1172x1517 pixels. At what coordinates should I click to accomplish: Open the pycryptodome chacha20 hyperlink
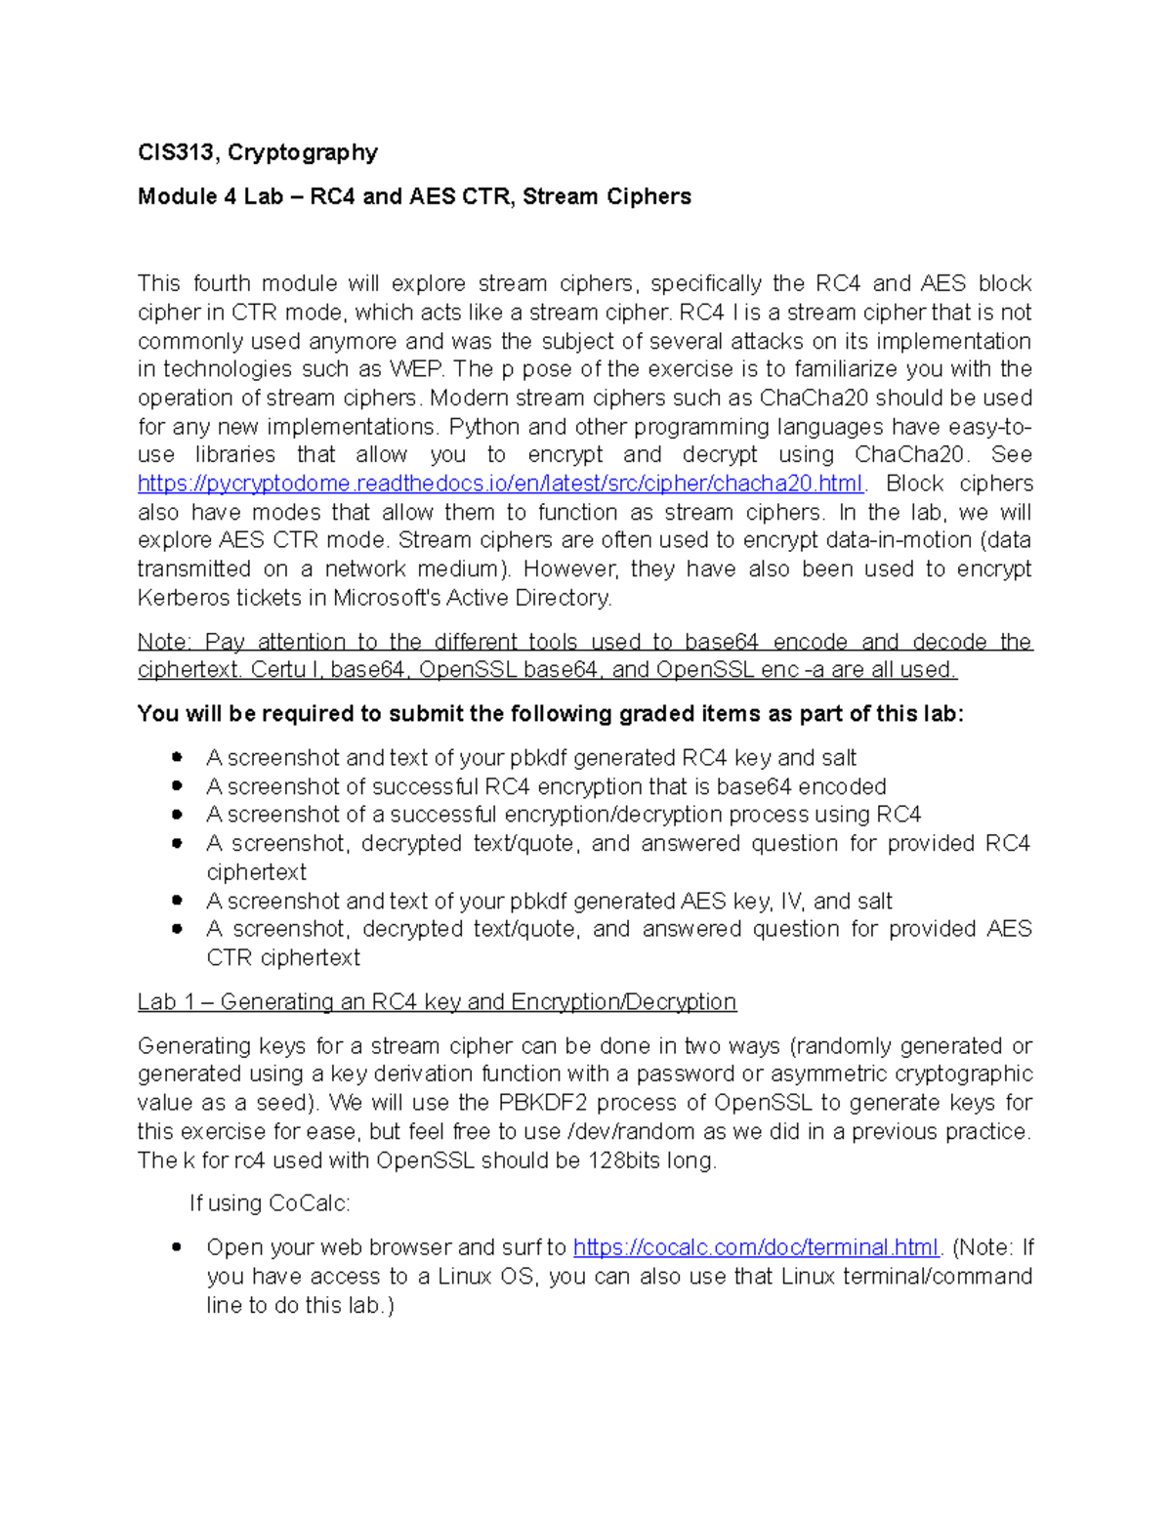click(x=500, y=484)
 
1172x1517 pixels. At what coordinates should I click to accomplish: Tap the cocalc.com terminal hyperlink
click(x=756, y=1247)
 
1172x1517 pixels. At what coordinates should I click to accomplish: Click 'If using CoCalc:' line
click(x=270, y=1203)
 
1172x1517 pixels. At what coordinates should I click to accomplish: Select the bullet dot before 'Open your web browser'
click(x=177, y=1247)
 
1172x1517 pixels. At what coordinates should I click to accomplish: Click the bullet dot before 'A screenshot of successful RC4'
click(x=177, y=786)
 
